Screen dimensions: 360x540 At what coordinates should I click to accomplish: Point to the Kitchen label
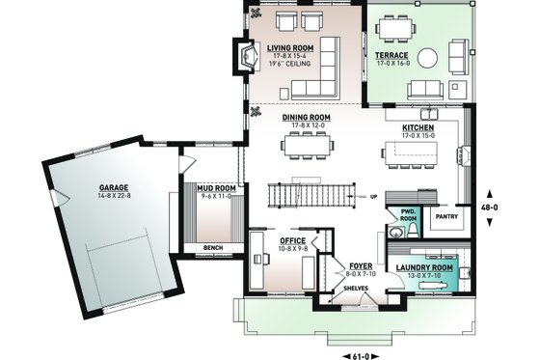point(418,127)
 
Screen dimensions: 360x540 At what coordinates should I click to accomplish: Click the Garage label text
point(114,188)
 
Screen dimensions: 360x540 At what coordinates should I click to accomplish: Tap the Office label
point(293,239)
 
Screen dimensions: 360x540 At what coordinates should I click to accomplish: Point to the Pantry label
point(446,217)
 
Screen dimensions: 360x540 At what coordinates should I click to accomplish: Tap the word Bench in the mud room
point(213,248)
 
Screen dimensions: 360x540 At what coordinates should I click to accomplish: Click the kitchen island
point(416,152)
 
